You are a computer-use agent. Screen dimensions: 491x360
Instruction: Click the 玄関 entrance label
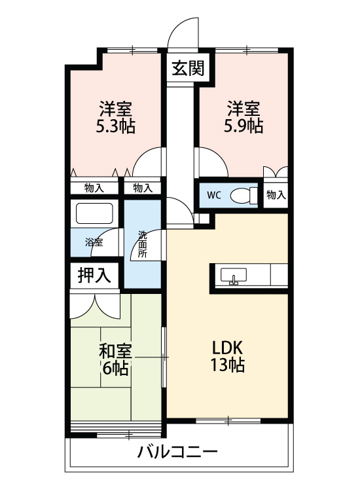point(188,68)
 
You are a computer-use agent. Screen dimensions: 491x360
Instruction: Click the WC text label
point(214,195)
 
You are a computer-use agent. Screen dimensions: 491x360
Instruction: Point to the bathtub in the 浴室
point(95,215)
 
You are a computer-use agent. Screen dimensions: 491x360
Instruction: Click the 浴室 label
point(94,242)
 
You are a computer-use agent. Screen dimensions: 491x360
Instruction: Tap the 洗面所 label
point(142,244)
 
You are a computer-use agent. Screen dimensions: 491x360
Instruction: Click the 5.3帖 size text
point(116,127)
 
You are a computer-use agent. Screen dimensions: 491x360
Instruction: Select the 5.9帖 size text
point(243,127)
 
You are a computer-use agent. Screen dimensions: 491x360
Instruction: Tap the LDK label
point(227,347)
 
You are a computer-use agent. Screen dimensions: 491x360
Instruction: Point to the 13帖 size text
point(227,366)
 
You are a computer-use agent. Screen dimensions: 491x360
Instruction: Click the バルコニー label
point(177,452)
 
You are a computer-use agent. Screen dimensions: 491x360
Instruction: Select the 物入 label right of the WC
point(276,195)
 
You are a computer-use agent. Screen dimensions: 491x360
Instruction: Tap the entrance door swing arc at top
point(181,34)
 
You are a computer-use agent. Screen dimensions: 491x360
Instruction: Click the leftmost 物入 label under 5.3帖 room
point(94,188)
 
